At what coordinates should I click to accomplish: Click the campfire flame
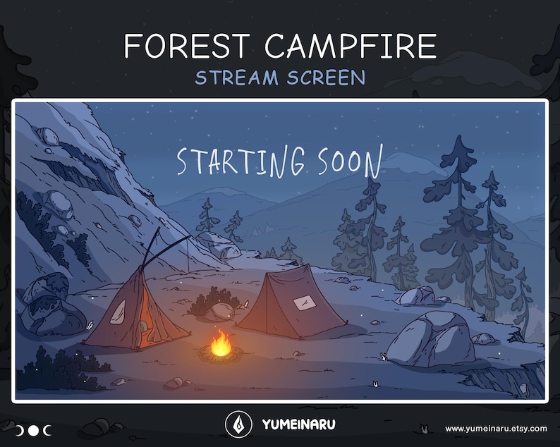(x=221, y=344)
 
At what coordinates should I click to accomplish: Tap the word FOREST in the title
(x=185, y=47)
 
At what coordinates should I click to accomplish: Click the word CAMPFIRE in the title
(x=350, y=47)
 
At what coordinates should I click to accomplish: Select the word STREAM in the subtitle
(x=236, y=78)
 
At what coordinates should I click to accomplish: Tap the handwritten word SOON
(x=349, y=161)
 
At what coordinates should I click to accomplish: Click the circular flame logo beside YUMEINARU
(x=238, y=424)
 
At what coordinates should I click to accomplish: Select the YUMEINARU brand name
(x=298, y=425)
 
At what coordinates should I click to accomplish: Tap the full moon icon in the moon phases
(x=33, y=430)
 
